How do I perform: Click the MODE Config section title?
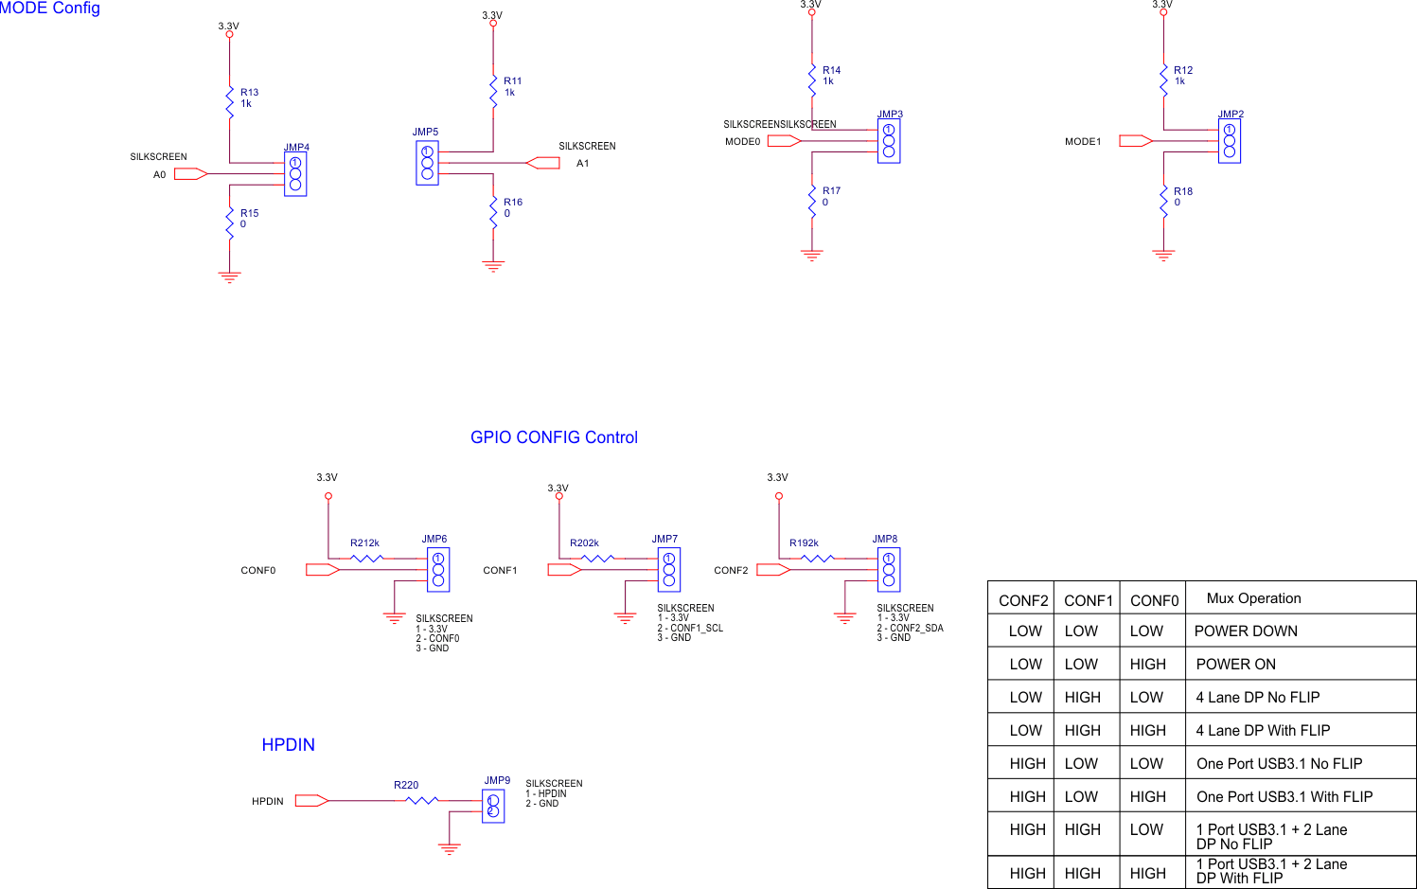pyautogui.click(x=50, y=9)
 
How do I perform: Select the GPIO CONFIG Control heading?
pyautogui.click(x=554, y=437)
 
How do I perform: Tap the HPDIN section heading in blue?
pyautogui.click(x=288, y=745)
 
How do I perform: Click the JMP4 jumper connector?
pyautogui.click(x=295, y=174)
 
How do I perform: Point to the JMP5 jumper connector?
pyautogui.click(x=427, y=163)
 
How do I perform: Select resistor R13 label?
pyautogui.click(x=249, y=93)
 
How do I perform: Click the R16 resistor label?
pyautogui.click(x=513, y=203)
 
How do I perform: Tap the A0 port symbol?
pyautogui.click(x=190, y=174)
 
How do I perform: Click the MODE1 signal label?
pyautogui.click(x=1083, y=142)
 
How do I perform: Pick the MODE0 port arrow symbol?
pyautogui.click(x=784, y=141)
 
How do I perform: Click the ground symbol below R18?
pyautogui.click(x=1163, y=255)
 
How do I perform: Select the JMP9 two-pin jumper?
pyautogui.click(x=493, y=806)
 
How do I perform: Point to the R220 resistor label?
pyautogui.click(x=406, y=785)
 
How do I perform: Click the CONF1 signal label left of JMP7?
pyautogui.click(x=500, y=571)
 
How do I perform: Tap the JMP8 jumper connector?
pyautogui.click(x=889, y=570)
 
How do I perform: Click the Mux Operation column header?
pyautogui.click(x=1253, y=598)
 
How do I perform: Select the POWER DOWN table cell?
pyautogui.click(x=1246, y=631)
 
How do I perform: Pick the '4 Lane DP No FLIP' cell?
pyautogui.click(x=1257, y=698)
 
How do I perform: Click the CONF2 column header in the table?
pyautogui.click(x=1023, y=601)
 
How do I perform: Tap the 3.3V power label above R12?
pyautogui.click(x=1162, y=5)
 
